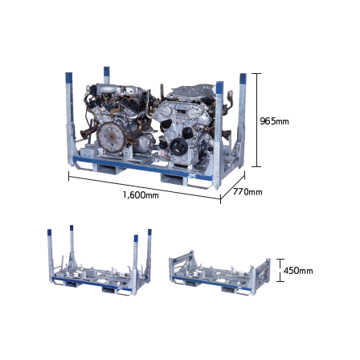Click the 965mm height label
[274, 121]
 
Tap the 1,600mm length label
[141, 194]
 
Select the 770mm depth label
[247, 192]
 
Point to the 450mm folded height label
[298, 271]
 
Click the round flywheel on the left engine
[111, 137]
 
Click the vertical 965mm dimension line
[257, 120]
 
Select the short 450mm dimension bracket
[280, 270]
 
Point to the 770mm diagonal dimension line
[232, 186]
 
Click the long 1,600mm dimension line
[145, 187]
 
